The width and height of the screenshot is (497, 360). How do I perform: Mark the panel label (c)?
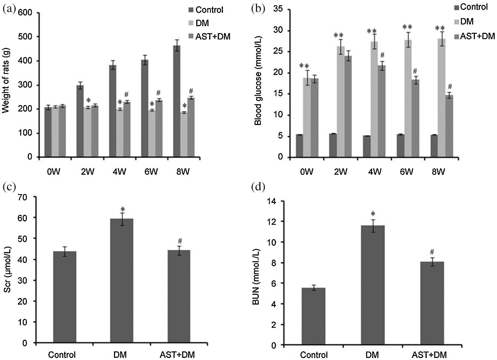pos(9,188)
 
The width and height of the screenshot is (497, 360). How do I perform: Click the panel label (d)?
pos(258,188)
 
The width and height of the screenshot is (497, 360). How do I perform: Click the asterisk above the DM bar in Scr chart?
pos(122,209)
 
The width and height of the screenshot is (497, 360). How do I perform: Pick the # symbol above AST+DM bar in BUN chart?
pos(432,252)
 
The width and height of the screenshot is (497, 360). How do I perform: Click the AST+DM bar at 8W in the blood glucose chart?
pos(449,126)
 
